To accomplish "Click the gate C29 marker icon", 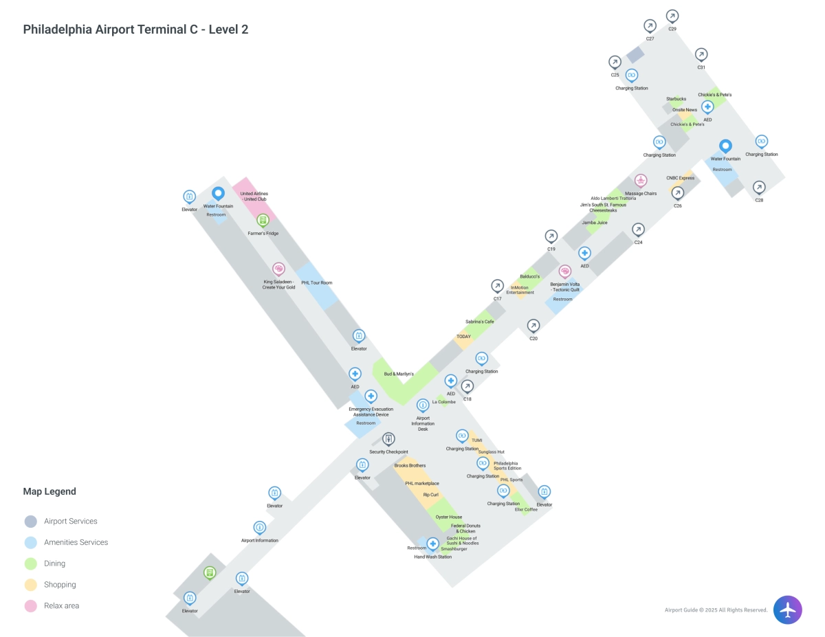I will point(672,16).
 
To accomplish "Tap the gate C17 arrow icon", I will point(497,286).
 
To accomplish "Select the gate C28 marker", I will point(759,187).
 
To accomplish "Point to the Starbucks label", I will point(676,99).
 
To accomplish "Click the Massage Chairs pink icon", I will point(641,181).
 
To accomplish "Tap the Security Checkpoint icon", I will point(388,439).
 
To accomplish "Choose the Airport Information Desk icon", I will point(423,405).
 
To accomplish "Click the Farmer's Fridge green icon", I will point(263,221).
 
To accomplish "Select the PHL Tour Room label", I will point(316,283).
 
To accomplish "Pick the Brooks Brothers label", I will point(410,466).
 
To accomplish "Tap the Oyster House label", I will point(449,517).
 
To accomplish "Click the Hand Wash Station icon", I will point(432,544).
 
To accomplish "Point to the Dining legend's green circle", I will point(30,563).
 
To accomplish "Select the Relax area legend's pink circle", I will point(30,606).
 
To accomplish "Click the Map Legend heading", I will point(49,491).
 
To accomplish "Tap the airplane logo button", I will point(787,610).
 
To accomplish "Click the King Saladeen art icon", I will point(278,269).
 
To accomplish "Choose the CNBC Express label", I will point(680,178).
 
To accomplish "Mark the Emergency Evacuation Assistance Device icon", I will point(371,396).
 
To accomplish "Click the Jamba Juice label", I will point(595,223).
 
